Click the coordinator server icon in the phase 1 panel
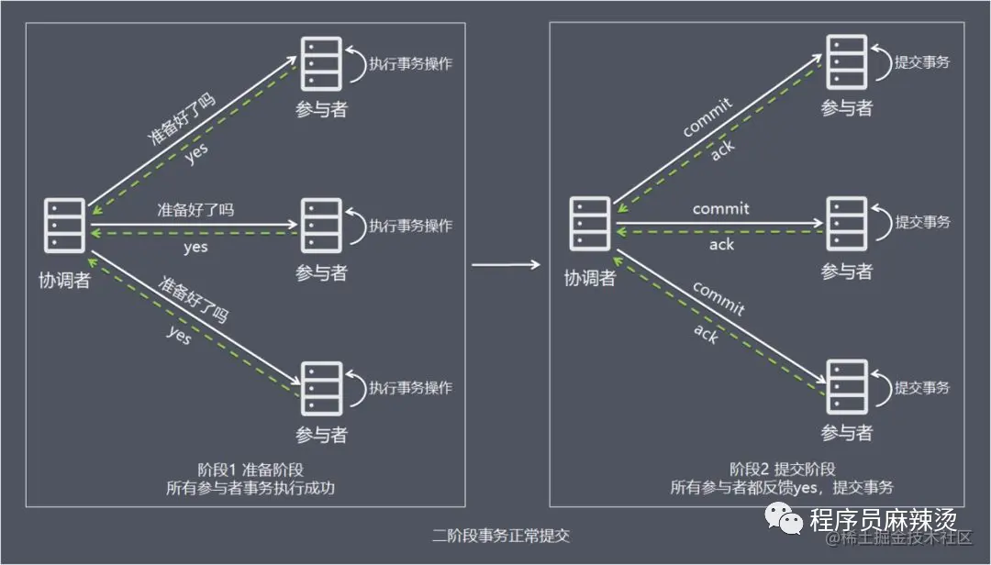click(x=65, y=226)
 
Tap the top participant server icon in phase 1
click(x=321, y=62)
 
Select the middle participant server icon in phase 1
click(x=321, y=226)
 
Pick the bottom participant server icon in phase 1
click(x=321, y=388)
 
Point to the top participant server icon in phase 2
click(x=846, y=62)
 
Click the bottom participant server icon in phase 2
click(x=846, y=388)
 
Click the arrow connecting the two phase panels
click(x=506, y=265)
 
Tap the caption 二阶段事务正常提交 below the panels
click(x=501, y=536)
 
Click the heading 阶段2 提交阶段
click(x=782, y=469)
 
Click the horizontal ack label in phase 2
click(x=721, y=246)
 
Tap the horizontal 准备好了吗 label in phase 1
click(x=195, y=210)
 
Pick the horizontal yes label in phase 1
click(x=195, y=247)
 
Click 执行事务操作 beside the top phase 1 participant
click(x=410, y=64)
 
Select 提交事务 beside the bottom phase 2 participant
click(x=922, y=388)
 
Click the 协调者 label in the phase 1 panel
click(x=65, y=280)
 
